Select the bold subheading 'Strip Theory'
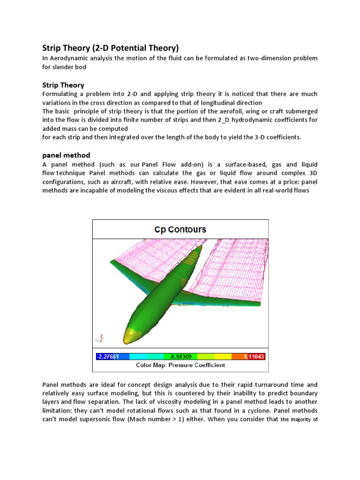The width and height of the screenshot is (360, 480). click(63, 85)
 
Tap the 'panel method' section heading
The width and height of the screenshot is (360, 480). click(66, 155)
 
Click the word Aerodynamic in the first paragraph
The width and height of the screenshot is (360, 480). click(67, 58)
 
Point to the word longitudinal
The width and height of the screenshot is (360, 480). click(219, 102)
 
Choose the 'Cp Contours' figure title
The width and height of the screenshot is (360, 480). click(180, 230)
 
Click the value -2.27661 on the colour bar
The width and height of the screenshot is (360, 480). click(108, 357)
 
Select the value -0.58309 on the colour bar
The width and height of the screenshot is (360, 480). click(180, 357)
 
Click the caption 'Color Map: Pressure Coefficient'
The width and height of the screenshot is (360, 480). click(180, 365)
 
